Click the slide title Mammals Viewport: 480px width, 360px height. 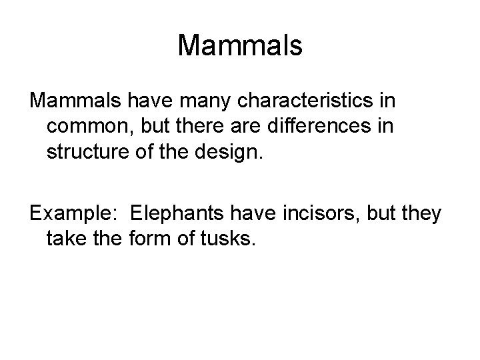[240, 45]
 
